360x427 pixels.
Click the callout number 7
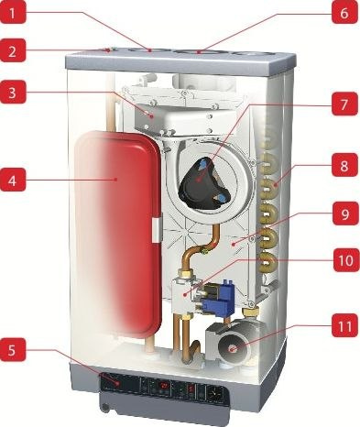point(343,104)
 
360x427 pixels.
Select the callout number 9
point(343,216)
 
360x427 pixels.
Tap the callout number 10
point(343,261)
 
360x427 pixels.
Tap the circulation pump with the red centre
point(232,348)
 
